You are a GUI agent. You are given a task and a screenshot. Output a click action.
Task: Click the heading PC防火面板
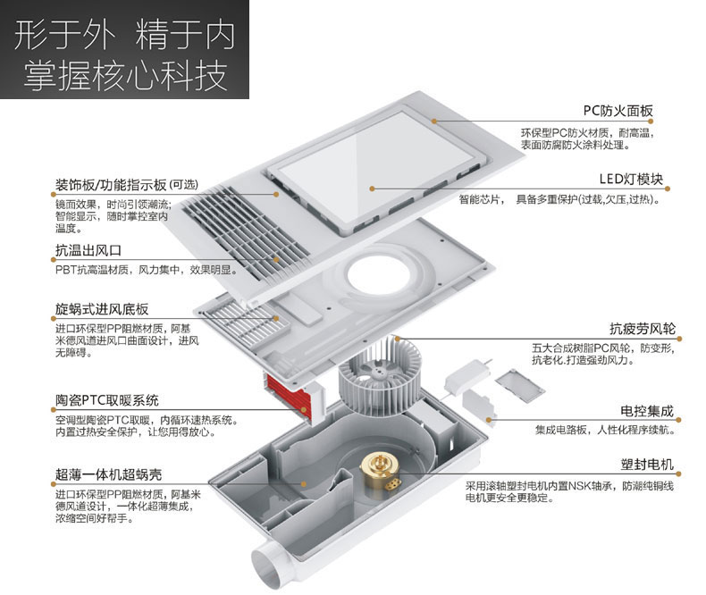point(618,111)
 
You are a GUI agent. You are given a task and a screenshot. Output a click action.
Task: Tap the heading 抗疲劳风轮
point(641,328)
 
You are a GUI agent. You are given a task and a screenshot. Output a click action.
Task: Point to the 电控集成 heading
point(647,412)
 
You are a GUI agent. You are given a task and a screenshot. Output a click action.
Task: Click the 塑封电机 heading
point(647,465)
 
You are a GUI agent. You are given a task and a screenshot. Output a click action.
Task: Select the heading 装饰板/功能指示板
point(110,186)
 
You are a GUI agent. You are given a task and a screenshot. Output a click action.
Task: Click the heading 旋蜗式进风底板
point(101,310)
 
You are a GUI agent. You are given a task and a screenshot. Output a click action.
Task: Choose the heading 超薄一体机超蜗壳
point(108,473)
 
